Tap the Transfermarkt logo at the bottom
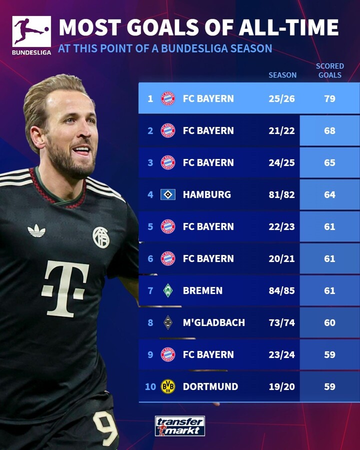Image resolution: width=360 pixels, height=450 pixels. tap(179, 426)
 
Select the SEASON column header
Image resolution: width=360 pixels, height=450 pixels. tap(282, 75)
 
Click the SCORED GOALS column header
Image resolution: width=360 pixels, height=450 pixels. tap(329, 70)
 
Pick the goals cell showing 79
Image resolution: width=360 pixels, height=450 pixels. tap(329, 98)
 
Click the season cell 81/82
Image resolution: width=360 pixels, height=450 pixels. tap(281, 194)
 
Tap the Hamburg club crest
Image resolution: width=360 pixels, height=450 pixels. tap(168, 194)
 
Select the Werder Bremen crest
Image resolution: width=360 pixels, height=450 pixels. tap(168, 290)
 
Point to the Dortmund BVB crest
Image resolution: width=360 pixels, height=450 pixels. tap(168, 386)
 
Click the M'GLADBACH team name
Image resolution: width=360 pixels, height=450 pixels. tap(214, 322)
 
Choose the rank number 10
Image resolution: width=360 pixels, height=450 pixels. tap(150, 386)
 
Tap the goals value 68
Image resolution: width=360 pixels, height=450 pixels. tap(329, 130)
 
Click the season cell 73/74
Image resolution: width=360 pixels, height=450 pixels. tap(281, 322)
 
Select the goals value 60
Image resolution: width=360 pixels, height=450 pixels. tap(329, 322)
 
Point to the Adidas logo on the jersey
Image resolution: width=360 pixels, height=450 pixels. tap(36, 230)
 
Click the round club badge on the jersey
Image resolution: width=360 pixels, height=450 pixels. tap(101, 237)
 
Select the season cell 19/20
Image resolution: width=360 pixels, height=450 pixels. tap(281, 386)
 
